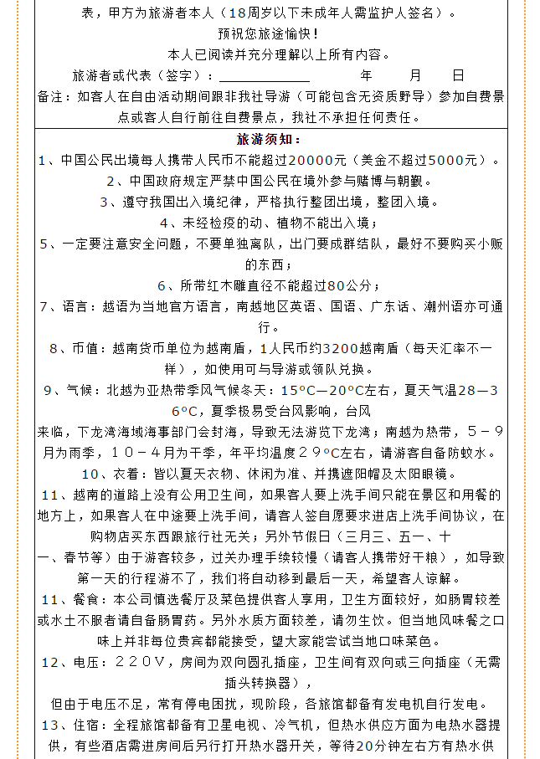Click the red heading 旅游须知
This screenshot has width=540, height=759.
[x=270, y=139]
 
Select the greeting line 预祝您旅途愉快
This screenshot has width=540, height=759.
[x=270, y=34]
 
